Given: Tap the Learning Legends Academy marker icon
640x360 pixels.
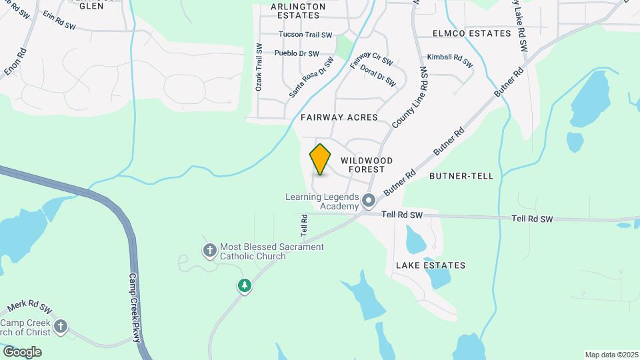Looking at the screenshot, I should click(x=369, y=200).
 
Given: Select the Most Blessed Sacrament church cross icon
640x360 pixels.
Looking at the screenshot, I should click(x=209, y=251).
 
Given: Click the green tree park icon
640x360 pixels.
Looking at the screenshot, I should click(x=245, y=286).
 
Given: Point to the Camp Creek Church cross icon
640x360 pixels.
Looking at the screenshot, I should click(x=61, y=326).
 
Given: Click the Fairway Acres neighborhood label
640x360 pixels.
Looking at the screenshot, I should click(x=339, y=117).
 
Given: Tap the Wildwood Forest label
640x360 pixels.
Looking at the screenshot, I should click(x=367, y=165).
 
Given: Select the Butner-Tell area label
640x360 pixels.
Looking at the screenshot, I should click(x=461, y=176).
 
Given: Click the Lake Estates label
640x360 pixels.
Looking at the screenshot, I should click(x=431, y=265).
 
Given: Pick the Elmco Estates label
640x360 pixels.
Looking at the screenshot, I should click(x=471, y=33).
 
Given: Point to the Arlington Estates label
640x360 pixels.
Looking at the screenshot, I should click(x=298, y=10).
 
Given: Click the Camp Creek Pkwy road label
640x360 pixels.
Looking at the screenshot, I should click(x=135, y=307).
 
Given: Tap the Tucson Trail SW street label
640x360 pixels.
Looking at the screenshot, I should click(x=305, y=35).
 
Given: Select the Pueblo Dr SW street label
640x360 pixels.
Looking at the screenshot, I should click(x=297, y=53).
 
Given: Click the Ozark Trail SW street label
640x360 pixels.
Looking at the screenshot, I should click(x=259, y=67).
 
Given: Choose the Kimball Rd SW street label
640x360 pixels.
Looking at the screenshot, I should click(x=449, y=61).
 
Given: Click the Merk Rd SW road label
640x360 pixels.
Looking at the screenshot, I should click(x=29, y=308).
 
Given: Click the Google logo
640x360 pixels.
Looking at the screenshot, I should click(x=22, y=351).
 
